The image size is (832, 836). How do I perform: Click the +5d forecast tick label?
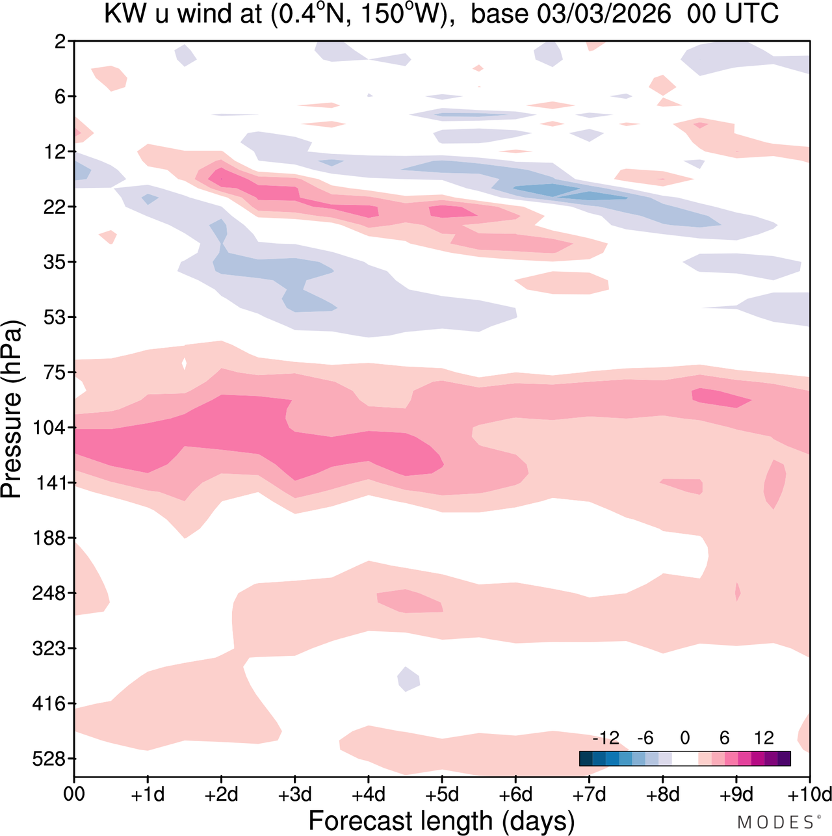(x=442, y=794)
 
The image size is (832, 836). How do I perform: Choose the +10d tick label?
(x=810, y=794)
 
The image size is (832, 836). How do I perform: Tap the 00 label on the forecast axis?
(x=74, y=794)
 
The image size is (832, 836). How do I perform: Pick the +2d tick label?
(x=221, y=794)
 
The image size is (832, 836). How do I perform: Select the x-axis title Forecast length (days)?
(x=441, y=821)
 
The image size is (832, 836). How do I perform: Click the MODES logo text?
(x=775, y=823)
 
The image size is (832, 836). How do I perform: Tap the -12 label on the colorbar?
(x=606, y=738)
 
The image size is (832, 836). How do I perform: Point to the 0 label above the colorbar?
(x=684, y=738)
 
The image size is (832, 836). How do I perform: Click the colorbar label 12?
(x=764, y=738)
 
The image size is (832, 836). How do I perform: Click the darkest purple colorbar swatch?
(x=784, y=758)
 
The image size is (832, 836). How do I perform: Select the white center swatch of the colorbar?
(x=684, y=758)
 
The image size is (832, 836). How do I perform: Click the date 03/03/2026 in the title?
(x=604, y=14)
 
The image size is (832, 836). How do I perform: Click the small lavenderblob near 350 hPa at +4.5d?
(x=408, y=679)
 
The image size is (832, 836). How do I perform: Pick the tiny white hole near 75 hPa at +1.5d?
(x=185, y=363)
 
